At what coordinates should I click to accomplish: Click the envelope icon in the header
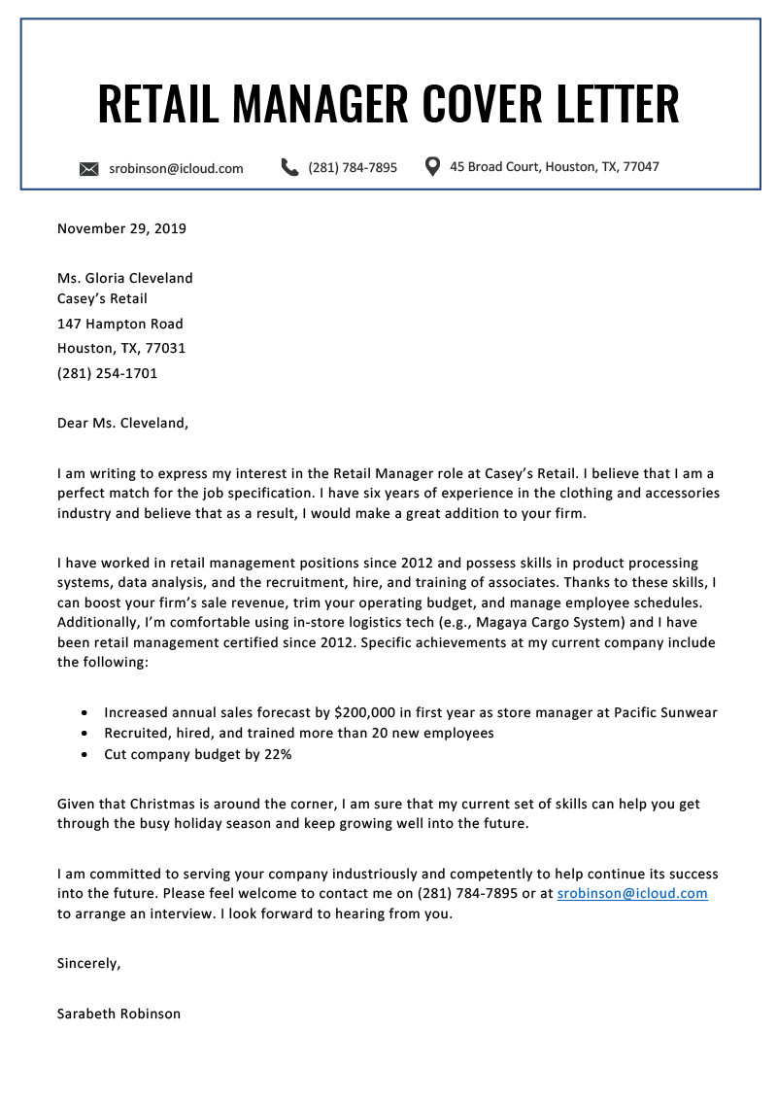(89, 169)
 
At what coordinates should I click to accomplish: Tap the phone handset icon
(289, 167)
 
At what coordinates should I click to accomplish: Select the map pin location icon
(433, 166)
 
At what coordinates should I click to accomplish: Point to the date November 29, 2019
(121, 229)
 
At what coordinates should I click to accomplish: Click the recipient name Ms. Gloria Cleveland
(124, 278)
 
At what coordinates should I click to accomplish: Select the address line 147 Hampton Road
(119, 324)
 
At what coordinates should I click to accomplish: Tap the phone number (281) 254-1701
(107, 373)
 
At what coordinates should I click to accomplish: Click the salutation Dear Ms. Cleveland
(122, 423)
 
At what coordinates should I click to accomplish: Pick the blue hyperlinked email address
(632, 893)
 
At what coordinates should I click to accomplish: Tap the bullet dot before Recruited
(85, 734)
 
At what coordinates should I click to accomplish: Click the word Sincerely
(88, 964)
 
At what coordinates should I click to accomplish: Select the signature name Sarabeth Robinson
(118, 1014)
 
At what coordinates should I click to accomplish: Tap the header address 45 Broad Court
(495, 167)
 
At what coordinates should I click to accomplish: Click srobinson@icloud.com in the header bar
(176, 168)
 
